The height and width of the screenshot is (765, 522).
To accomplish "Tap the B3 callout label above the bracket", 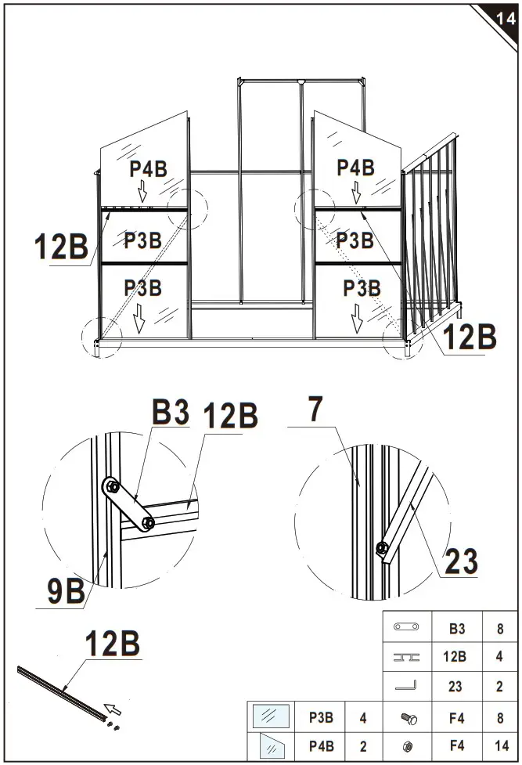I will click(171, 413).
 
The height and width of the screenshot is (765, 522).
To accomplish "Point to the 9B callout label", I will click(64, 590).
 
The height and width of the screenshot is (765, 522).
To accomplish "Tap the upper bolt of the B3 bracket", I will click(112, 487).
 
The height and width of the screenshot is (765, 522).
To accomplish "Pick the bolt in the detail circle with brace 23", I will click(381, 547).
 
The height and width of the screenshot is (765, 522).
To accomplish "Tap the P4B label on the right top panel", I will click(356, 168).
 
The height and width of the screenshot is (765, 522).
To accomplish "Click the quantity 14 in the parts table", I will click(499, 746).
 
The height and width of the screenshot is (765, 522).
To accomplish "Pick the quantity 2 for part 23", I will click(499, 687).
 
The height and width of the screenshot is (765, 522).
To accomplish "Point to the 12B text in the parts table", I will click(455, 657).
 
